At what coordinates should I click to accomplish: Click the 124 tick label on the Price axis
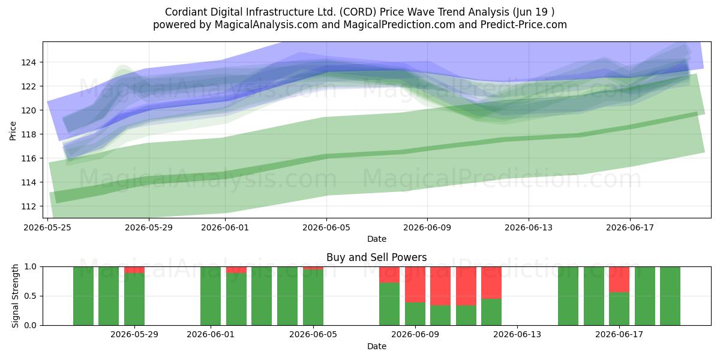28,62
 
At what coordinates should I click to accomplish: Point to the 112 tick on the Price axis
28,206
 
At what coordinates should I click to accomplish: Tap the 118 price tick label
28,134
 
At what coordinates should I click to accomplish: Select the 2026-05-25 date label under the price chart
47,227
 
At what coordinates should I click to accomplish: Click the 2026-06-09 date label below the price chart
427,227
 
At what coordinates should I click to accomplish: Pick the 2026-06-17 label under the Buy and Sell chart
619,335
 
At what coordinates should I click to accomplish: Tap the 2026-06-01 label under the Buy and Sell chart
211,335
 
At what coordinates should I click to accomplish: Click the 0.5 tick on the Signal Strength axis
31,296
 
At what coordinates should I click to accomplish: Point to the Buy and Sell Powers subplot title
376,257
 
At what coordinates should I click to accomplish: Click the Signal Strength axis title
15,296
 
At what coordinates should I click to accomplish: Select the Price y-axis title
13,131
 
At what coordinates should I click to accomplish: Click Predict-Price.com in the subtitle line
524,25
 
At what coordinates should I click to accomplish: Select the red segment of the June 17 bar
619,280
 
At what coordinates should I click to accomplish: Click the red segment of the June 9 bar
415,284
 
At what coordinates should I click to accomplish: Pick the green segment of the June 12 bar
491,312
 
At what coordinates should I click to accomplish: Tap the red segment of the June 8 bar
389,275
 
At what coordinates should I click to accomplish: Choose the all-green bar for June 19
670,296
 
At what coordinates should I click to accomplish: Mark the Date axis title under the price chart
377,239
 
